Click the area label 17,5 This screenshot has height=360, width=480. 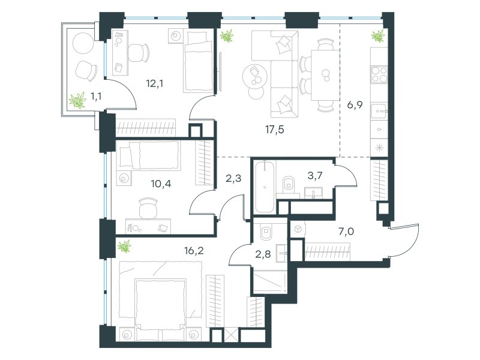click(275, 130)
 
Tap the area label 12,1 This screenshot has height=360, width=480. click(155, 83)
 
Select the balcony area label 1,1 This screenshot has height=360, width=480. click(96, 97)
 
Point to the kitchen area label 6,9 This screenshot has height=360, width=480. click(355, 104)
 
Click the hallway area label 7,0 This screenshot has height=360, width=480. click(346, 232)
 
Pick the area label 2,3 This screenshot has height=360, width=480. click(233, 178)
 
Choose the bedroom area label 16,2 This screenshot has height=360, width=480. click(194, 251)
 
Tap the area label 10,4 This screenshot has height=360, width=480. click(161, 184)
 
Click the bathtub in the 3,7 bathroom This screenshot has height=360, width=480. click(265, 187)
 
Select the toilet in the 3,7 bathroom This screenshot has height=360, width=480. click(289, 184)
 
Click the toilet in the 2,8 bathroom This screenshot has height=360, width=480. click(266, 232)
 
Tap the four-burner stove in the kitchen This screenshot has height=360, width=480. click(379, 74)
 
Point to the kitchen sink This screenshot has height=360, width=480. click(379, 111)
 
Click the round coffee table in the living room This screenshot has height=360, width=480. click(254, 76)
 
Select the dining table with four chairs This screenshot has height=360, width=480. click(325, 75)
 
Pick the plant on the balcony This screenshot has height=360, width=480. click(77, 100)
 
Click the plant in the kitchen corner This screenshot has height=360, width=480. click(378, 36)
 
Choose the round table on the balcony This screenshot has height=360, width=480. click(83, 43)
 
